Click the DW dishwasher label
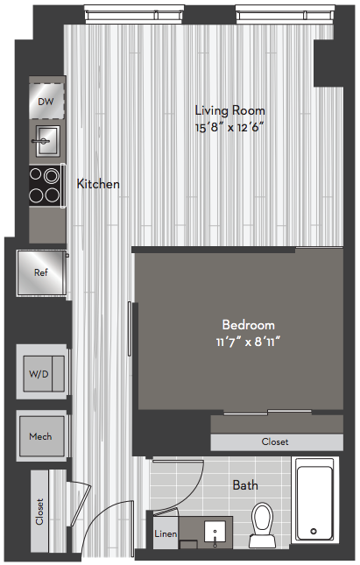46,102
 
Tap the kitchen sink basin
48,141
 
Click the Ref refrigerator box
41,272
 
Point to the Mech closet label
40,437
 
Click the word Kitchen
98,184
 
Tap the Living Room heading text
229,110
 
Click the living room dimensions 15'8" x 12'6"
229,128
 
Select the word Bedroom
249,325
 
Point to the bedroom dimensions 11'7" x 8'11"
248,342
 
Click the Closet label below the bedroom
275,441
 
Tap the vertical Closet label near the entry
39,512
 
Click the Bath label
245,485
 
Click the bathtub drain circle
314,531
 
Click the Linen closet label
166,533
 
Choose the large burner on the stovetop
52,176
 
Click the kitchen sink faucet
40,141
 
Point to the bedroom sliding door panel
130,328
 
